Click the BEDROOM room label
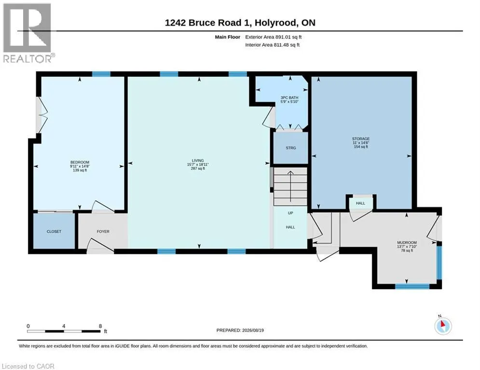pyautogui.click(x=80, y=162)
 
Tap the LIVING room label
pyautogui.click(x=198, y=160)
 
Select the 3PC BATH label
pyautogui.click(x=289, y=97)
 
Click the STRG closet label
pyautogui.click(x=291, y=148)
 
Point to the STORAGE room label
pyautogui.click(x=361, y=139)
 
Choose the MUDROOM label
pyautogui.click(x=407, y=242)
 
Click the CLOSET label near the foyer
pyautogui.click(x=54, y=231)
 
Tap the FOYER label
pyautogui.click(x=103, y=231)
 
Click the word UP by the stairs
pyautogui.click(x=290, y=213)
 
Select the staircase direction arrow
pyautogui.click(x=290, y=186)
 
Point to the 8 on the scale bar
pyautogui.click(x=100, y=326)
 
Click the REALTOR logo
pyautogui.click(x=27, y=33)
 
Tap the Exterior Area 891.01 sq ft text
pyautogui.click(x=274, y=37)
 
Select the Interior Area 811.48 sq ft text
pyautogui.click(x=273, y=45)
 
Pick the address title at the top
pyautogui.click(x=240, y=23)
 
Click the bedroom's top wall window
pyautogui.click(x=101, y=74)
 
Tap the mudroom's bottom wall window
pyautogui.click(x=412, y=287)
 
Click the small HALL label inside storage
pyautogui.click(x=360, y=203)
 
